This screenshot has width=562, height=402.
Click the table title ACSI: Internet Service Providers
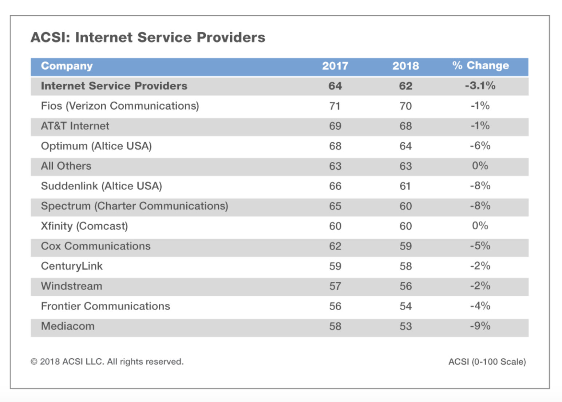[148, 38]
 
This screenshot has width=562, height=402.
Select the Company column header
[67, 66]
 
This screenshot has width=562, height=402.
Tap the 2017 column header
[335, 66]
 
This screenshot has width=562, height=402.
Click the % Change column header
[480, 66]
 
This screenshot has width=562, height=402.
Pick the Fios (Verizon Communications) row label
[120, 106]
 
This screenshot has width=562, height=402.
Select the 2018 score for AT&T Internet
[405, 126]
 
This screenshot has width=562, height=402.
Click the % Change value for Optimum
[480, 146]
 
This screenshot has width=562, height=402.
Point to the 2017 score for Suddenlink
[335, 186]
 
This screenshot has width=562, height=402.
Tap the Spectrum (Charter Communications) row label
[134, 206]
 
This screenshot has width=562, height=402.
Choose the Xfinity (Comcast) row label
[84, 226]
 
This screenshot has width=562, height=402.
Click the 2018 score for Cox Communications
[405, 246]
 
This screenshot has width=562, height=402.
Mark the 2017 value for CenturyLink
[335, 266]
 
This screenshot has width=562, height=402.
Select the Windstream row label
[71, 286]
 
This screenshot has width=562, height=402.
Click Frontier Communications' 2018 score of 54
[405, 306]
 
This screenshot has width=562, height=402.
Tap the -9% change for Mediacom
[480, 326]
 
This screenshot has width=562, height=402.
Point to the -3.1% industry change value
[480, 86]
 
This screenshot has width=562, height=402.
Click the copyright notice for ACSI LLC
[107, 362]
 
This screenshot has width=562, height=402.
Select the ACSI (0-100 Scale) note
[487, 362]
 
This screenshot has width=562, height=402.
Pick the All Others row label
[66, 166]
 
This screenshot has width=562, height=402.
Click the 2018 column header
[405, 66]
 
